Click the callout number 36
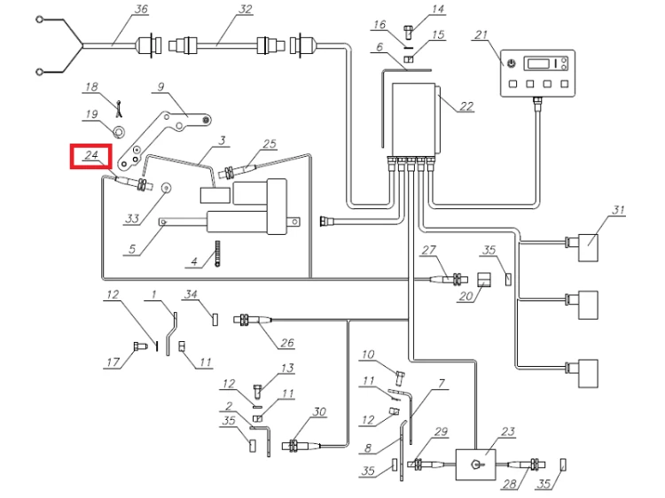click(x=140, y=10)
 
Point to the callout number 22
click(x=466, y=106)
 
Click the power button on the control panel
click(x=512, y=64)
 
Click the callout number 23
click(x=508, y=432)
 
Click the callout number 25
click(x=270, y=144)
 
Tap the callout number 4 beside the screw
click(x=192, y=261)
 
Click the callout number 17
click(x=111, y=361)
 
